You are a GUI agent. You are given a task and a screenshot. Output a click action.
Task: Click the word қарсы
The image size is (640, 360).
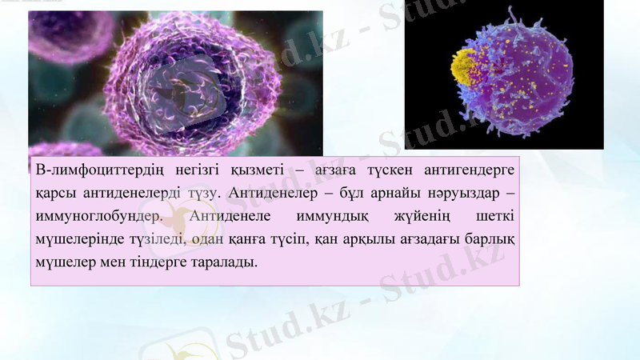[54, 194]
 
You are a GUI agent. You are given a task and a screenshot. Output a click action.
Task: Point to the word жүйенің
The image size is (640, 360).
[422, 217]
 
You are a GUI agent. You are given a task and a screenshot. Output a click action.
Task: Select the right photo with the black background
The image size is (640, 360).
[504, 80]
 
